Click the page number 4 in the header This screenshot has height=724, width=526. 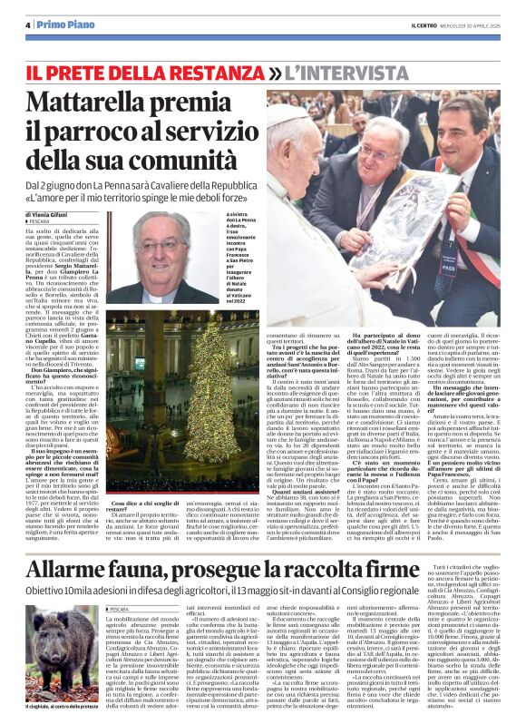(29, 25)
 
